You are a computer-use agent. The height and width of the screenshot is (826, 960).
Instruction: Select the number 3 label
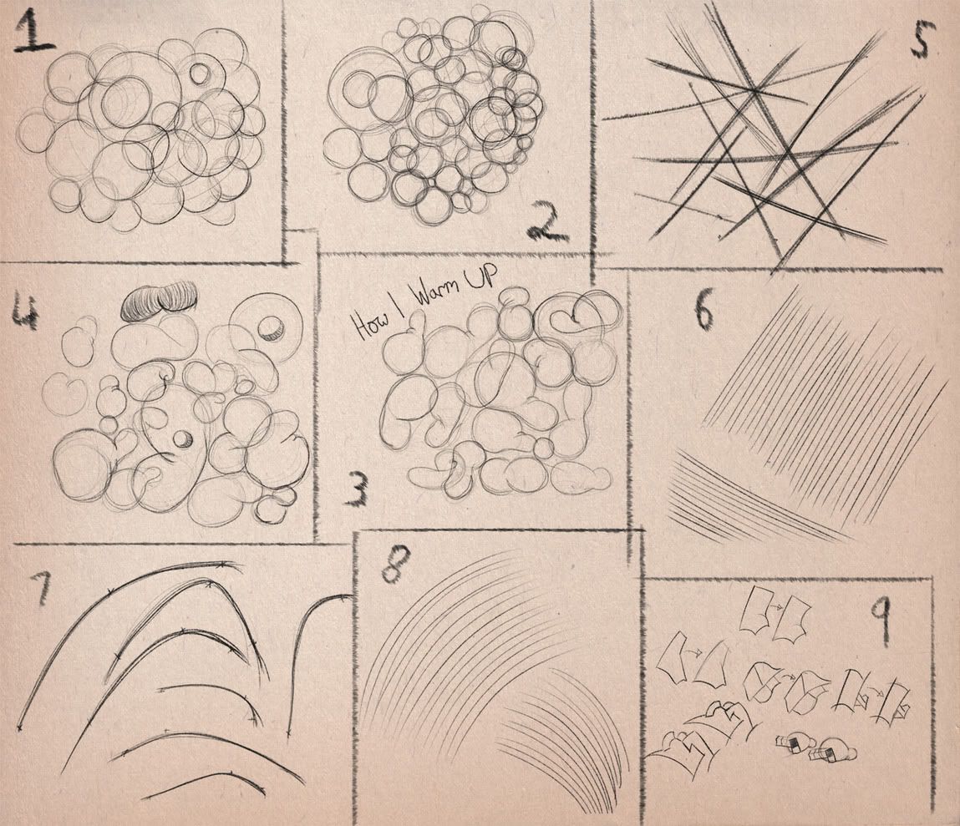click(358, 491)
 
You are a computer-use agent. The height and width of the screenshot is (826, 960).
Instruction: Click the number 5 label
click(922, 38)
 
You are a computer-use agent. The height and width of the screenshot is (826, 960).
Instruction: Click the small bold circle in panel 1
click(200, 73)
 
